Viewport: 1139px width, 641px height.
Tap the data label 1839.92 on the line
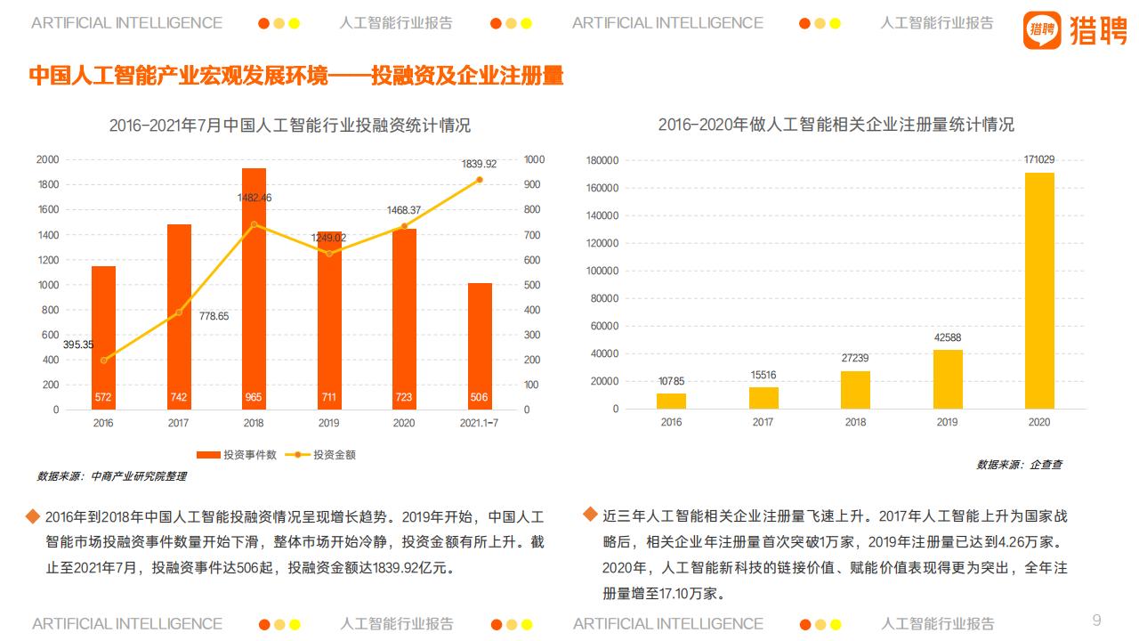[x=479, y=164]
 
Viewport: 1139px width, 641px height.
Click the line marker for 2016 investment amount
[x=104, y=361]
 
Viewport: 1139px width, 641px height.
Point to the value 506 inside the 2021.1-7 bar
[x=480, y=397]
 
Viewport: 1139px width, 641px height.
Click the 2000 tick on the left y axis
[x=47, y=159]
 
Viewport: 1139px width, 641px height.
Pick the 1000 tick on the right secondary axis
[x=533, y=159]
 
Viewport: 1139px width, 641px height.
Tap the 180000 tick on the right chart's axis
[x=602, y=160]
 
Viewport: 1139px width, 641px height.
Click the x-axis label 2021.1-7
[x=480, y=423]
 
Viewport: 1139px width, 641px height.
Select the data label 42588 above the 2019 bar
[x=947, y=337]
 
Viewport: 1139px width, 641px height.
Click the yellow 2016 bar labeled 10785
[x=671, y=401]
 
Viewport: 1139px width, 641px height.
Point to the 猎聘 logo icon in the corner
[x=1042, y=29]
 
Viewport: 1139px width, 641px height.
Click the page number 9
[x=1096, y=620]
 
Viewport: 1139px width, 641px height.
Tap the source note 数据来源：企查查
[x=1019, y=465]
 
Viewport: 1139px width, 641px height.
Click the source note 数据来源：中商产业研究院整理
[x=112, y=476]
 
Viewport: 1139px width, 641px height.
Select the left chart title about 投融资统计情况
[x=289, y=125]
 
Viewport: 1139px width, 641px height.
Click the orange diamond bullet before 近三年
[x=589, y=515]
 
